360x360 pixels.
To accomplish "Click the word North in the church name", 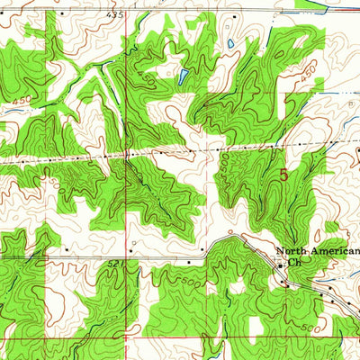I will (x=292, y=252).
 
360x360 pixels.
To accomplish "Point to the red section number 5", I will (x=284, y=176).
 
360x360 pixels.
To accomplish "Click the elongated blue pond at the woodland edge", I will (x=184, y=76).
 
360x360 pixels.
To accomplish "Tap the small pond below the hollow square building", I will (x=230, y=43).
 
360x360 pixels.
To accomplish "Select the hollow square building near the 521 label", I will (x=132, y=243).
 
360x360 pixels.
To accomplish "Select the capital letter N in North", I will (x=280, y=252).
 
